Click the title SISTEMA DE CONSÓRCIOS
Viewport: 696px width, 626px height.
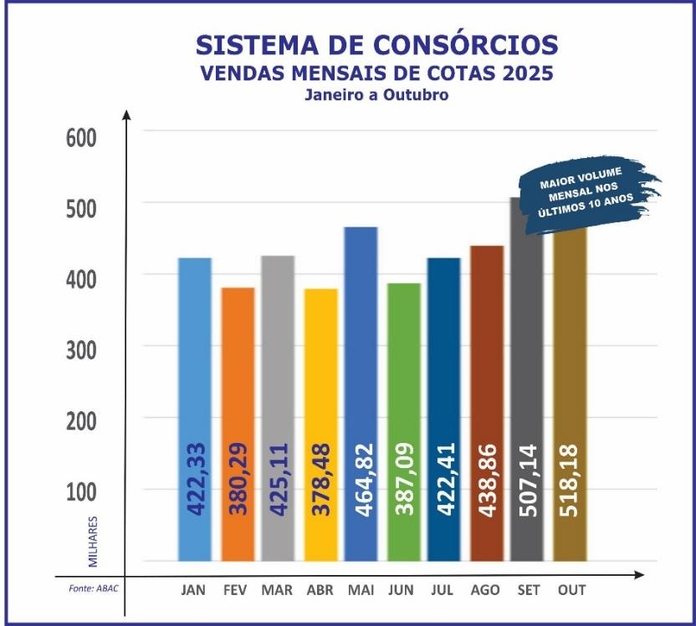coord(376,43)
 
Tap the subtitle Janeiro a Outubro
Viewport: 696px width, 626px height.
coord(376,94)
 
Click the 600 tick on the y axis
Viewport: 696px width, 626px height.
coord(82,137)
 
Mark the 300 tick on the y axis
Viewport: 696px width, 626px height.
coord(82,348)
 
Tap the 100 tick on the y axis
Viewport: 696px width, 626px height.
coord(82,490)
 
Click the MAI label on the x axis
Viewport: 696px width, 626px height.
coord(361,590)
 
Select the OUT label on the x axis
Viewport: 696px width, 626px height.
coord(571,590)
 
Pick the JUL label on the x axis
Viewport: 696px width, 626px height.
coord(444,590)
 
